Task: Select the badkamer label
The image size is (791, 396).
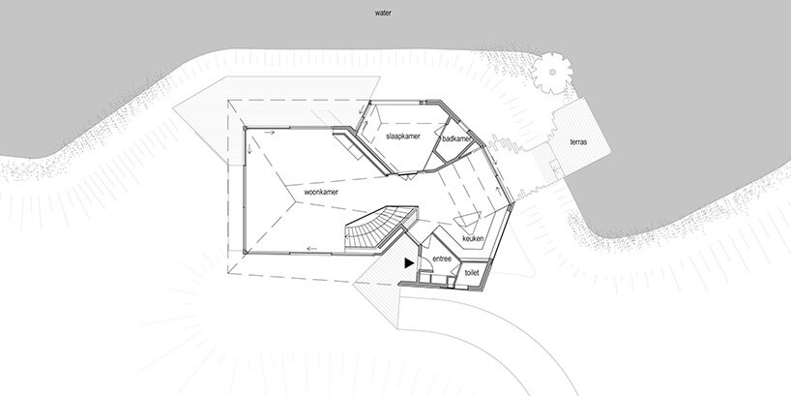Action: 455,139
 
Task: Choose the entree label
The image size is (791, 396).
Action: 442,259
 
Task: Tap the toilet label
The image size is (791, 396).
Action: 472,274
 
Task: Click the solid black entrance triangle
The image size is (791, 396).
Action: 410,260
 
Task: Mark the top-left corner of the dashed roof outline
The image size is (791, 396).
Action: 227,100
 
